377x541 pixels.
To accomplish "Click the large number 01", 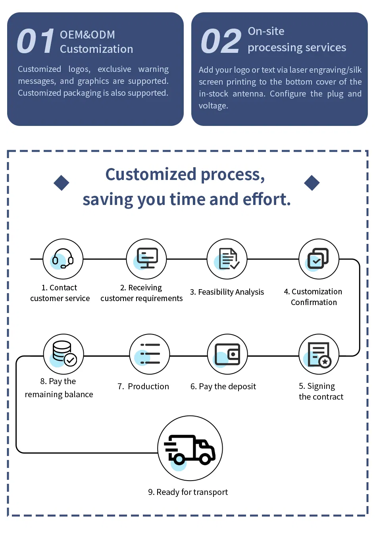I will pos(36,41).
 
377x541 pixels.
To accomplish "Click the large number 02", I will pos(221,41).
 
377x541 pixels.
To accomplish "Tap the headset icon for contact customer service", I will pos(63,259).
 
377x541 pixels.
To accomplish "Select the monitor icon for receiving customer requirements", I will pos(146,259).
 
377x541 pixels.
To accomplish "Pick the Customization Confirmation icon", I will pos(319,259).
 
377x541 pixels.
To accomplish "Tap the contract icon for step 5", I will pos(319,354).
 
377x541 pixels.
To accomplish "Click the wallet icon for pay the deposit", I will pos(227,354).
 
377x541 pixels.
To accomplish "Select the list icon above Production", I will pos(150,354).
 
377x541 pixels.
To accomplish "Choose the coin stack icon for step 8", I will pos(63,354).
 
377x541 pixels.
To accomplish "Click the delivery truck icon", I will pos(190,448).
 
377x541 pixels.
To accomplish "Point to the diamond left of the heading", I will pos(62,183).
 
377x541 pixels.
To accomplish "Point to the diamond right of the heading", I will pos(312,183).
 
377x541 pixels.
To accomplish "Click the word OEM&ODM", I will pos(87,35).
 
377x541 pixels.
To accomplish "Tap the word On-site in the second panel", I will pos(266,31).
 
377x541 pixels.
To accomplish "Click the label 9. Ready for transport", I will pos(188,492).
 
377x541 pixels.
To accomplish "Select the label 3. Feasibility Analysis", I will pos(227,292).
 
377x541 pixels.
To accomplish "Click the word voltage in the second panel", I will pos(213,106).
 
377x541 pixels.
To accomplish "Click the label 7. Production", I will pos(143,386).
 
